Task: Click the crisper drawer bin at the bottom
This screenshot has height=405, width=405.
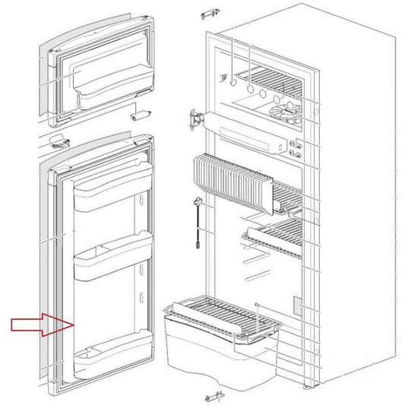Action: [x=205, y=340]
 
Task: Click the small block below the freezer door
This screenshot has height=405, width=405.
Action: [x=138, y=115]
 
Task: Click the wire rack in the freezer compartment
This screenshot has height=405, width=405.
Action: [x=271, y=77]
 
